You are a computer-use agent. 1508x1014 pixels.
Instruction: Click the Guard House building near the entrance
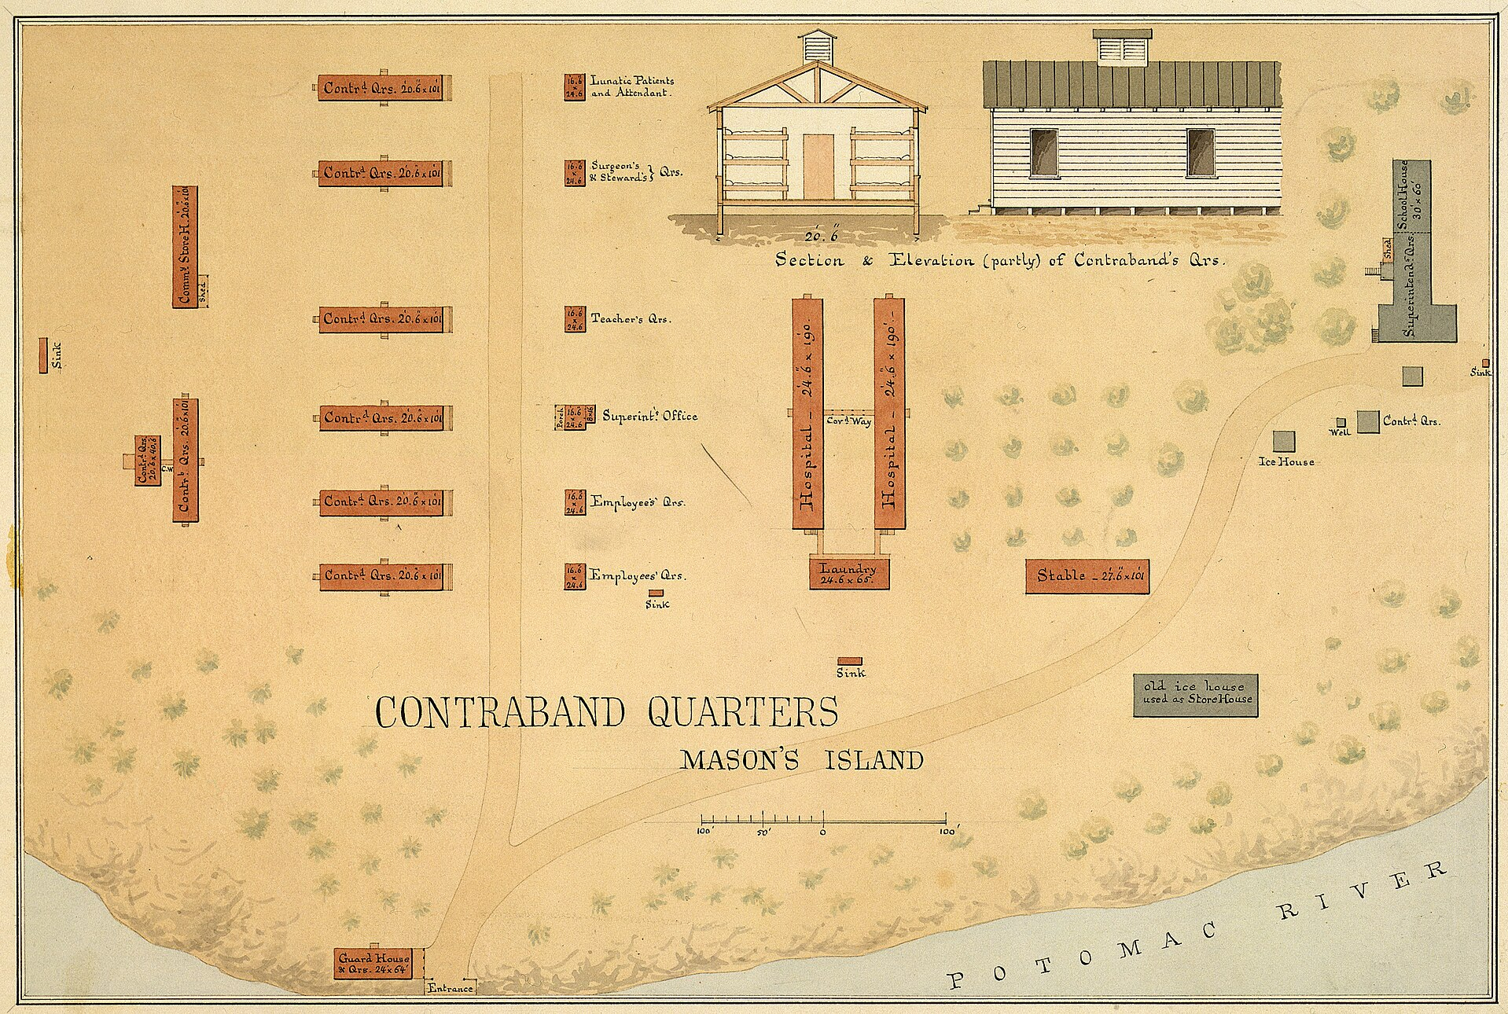tap(374, 962)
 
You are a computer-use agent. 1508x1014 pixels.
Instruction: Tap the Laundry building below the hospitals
tap(848, 573)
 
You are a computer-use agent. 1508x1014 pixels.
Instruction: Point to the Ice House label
tap(1286, 461)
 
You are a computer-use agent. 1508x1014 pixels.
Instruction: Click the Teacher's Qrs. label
tap(631, 319)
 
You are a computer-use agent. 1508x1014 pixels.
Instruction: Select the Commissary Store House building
tap(185, 247)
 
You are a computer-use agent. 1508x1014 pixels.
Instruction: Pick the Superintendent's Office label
tap(649, 416)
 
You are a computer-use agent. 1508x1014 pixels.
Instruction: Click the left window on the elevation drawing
tap(1044, 152)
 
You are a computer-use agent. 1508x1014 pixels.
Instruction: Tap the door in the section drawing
tap(818, 166)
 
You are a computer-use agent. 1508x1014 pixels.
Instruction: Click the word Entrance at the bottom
tap(451, 988)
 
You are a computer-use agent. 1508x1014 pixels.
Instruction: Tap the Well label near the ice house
tap(1340, 432)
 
